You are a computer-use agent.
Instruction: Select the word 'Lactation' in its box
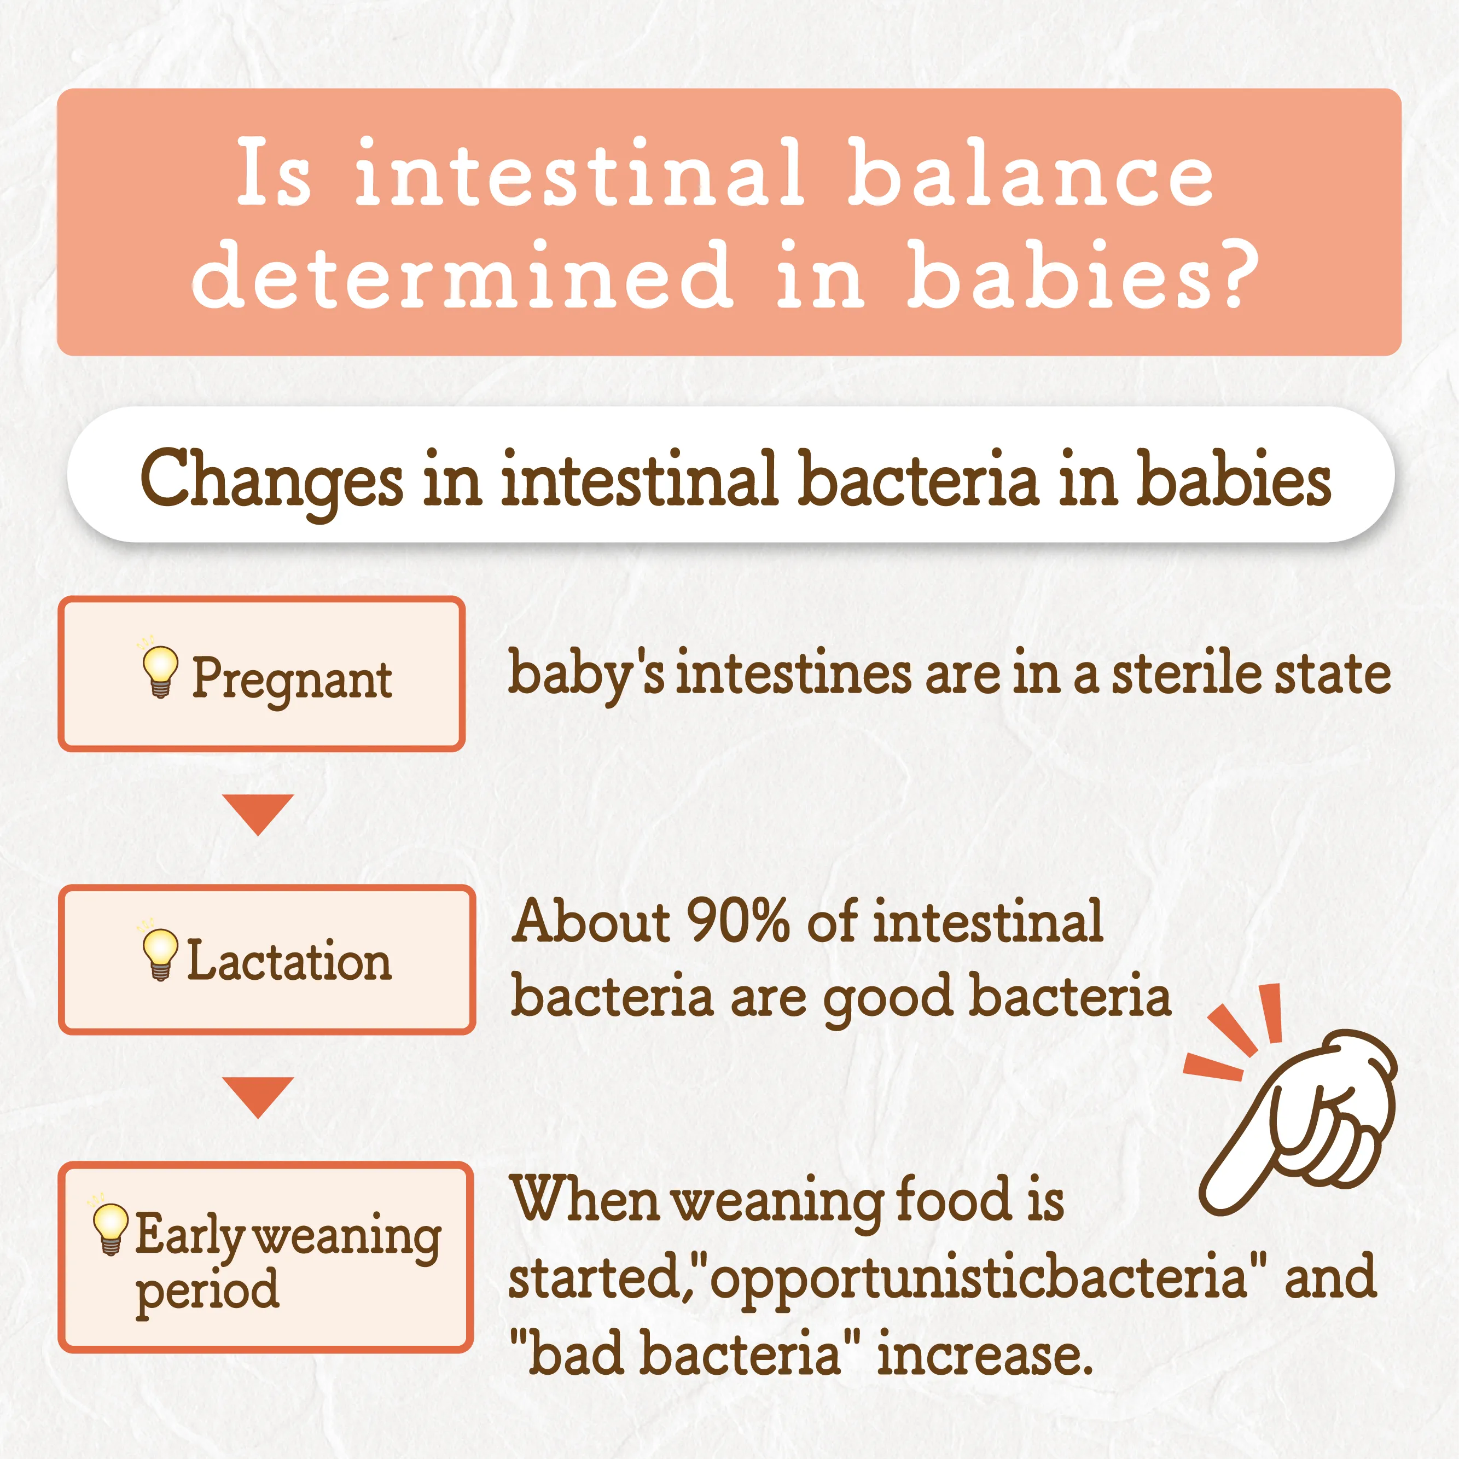(289, 961)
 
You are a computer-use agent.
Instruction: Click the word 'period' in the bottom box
(207, 1293)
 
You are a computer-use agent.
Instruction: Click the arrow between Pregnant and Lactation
(258, 812)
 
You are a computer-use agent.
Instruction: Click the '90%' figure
(738, 922)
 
